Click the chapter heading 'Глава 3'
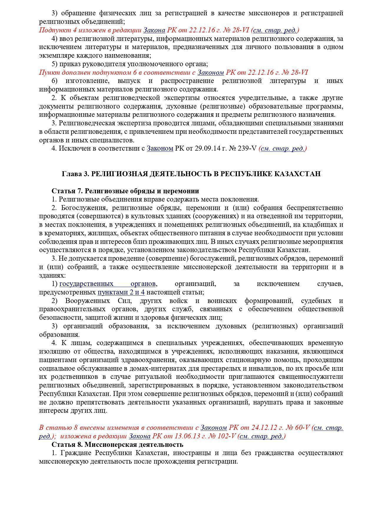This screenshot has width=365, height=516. [x=75, y=174]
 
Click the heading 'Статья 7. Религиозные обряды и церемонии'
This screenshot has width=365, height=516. [x=125, y=191]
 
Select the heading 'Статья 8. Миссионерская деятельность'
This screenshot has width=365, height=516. [x=117, y=444]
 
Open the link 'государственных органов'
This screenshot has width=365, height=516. [x=107, y=284]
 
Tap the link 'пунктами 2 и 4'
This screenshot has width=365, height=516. [x=121, y=292]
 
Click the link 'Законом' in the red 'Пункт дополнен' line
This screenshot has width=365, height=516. [x=210, y=72]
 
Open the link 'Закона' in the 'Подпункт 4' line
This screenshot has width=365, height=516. [x=154, y=30]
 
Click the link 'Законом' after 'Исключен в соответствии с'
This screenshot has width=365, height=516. [x=160, y=149]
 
